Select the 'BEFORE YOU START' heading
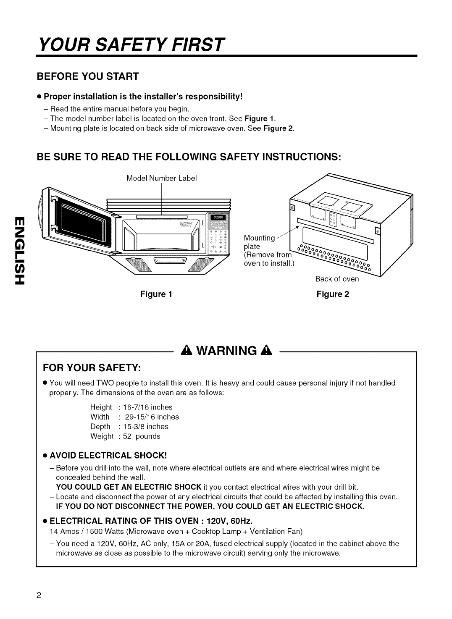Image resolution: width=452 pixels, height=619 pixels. [x=88, y=76]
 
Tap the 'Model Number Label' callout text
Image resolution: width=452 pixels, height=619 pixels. [x=162, y=178]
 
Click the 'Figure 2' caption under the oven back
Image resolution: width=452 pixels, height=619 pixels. [x=333, y=294]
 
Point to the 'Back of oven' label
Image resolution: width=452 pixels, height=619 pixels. [x=337, y=279]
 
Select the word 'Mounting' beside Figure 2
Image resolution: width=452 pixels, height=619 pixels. [x=259, y=238]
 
